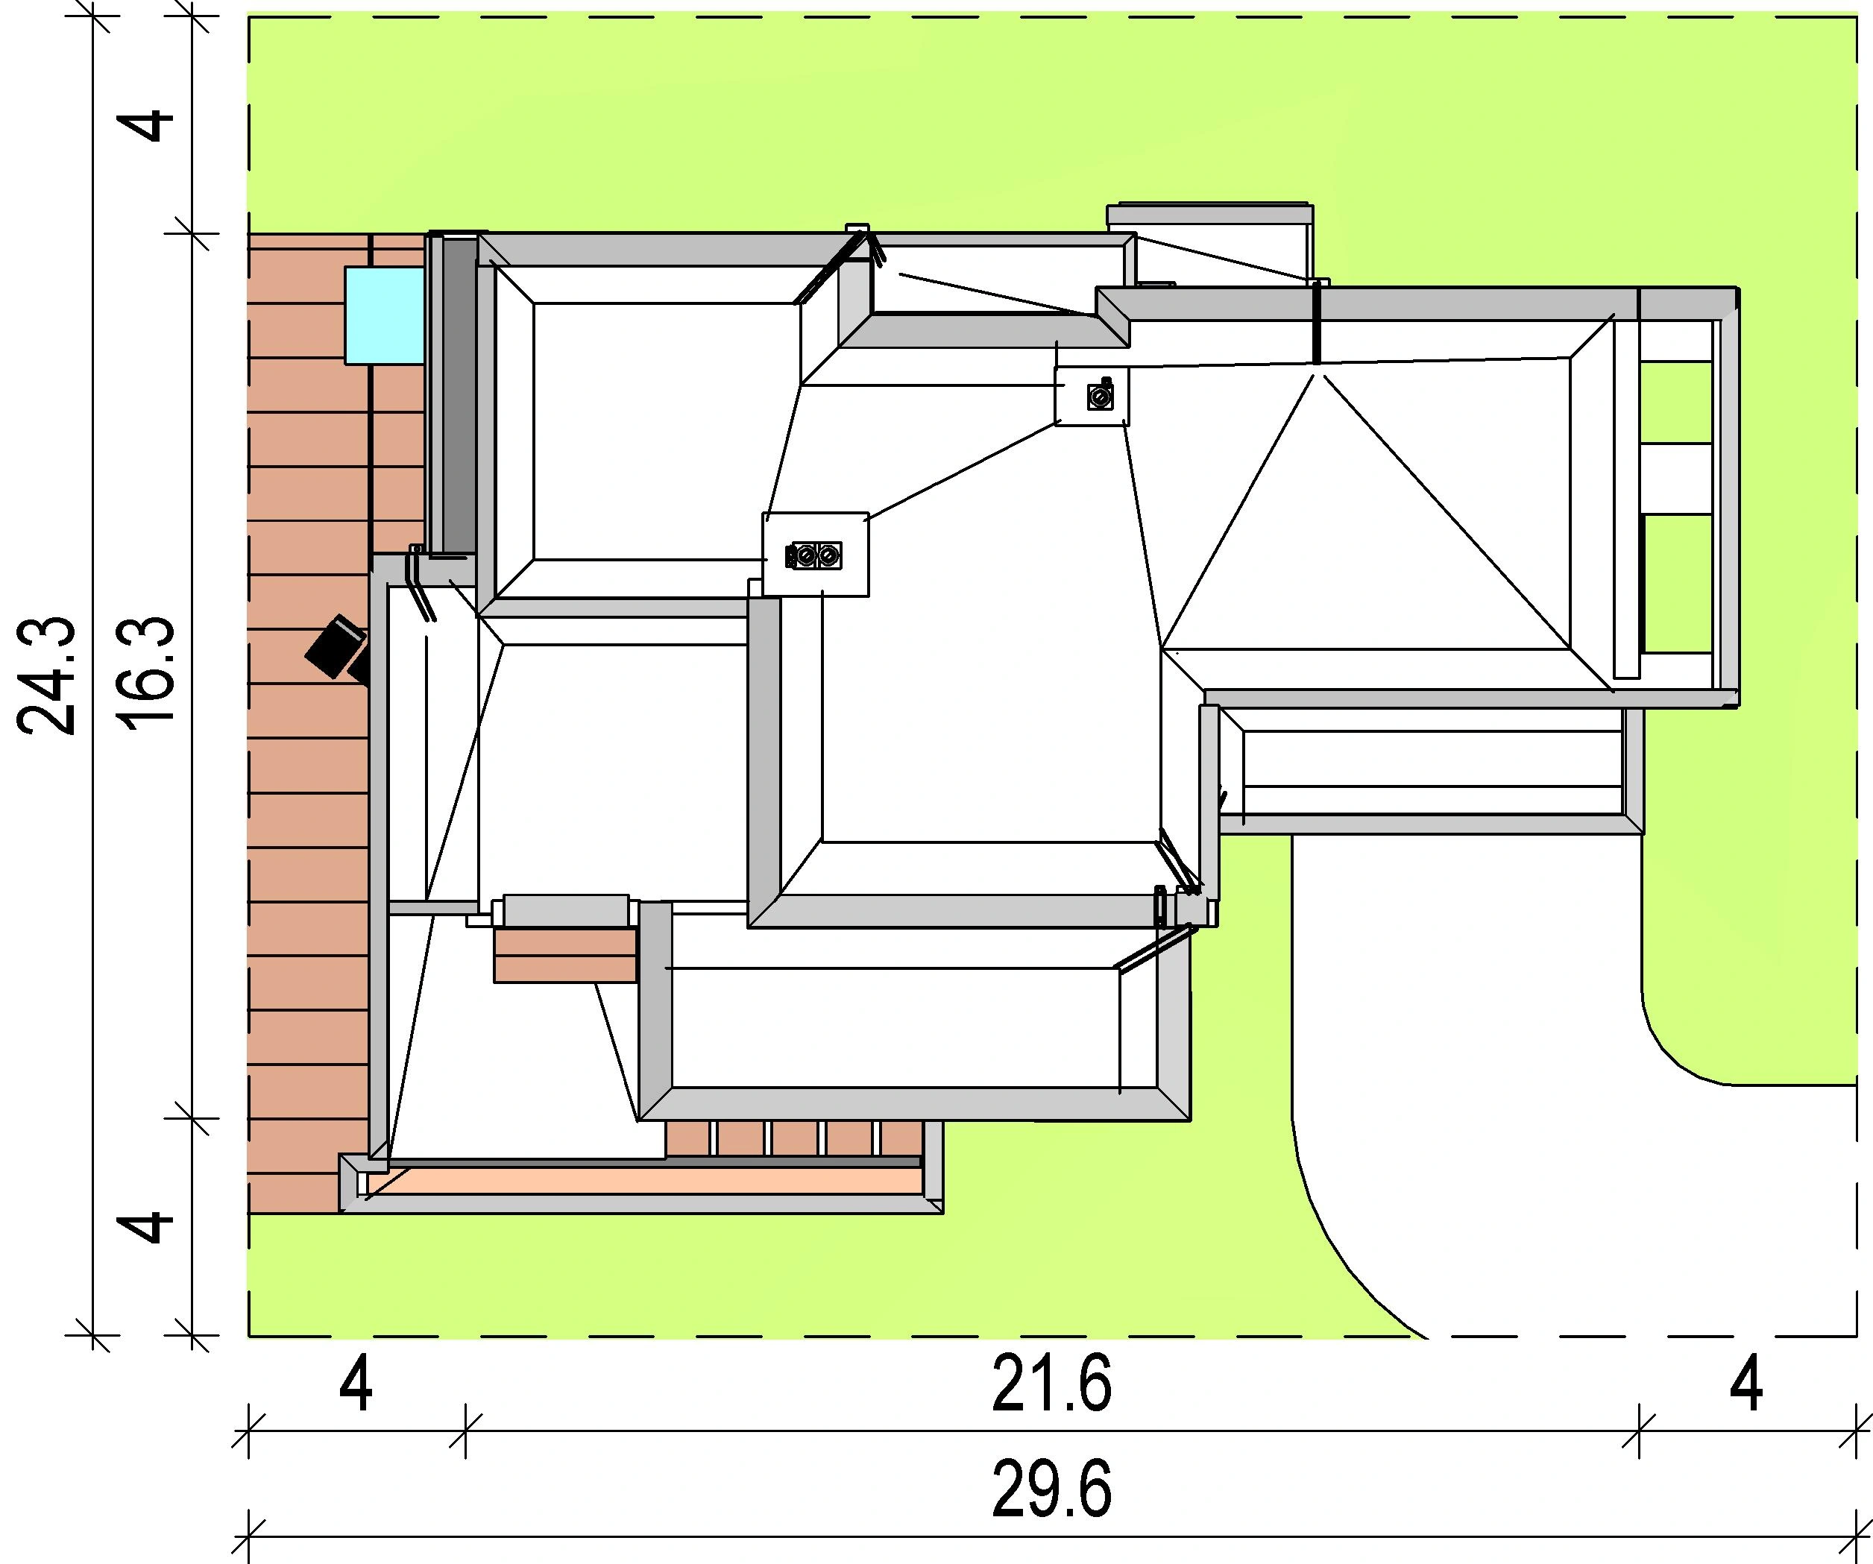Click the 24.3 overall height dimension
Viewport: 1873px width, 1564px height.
46,675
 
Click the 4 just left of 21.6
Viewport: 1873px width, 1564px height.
356,1384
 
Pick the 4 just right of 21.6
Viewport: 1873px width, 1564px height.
1746,1384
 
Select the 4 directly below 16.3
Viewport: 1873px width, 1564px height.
149,1226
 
